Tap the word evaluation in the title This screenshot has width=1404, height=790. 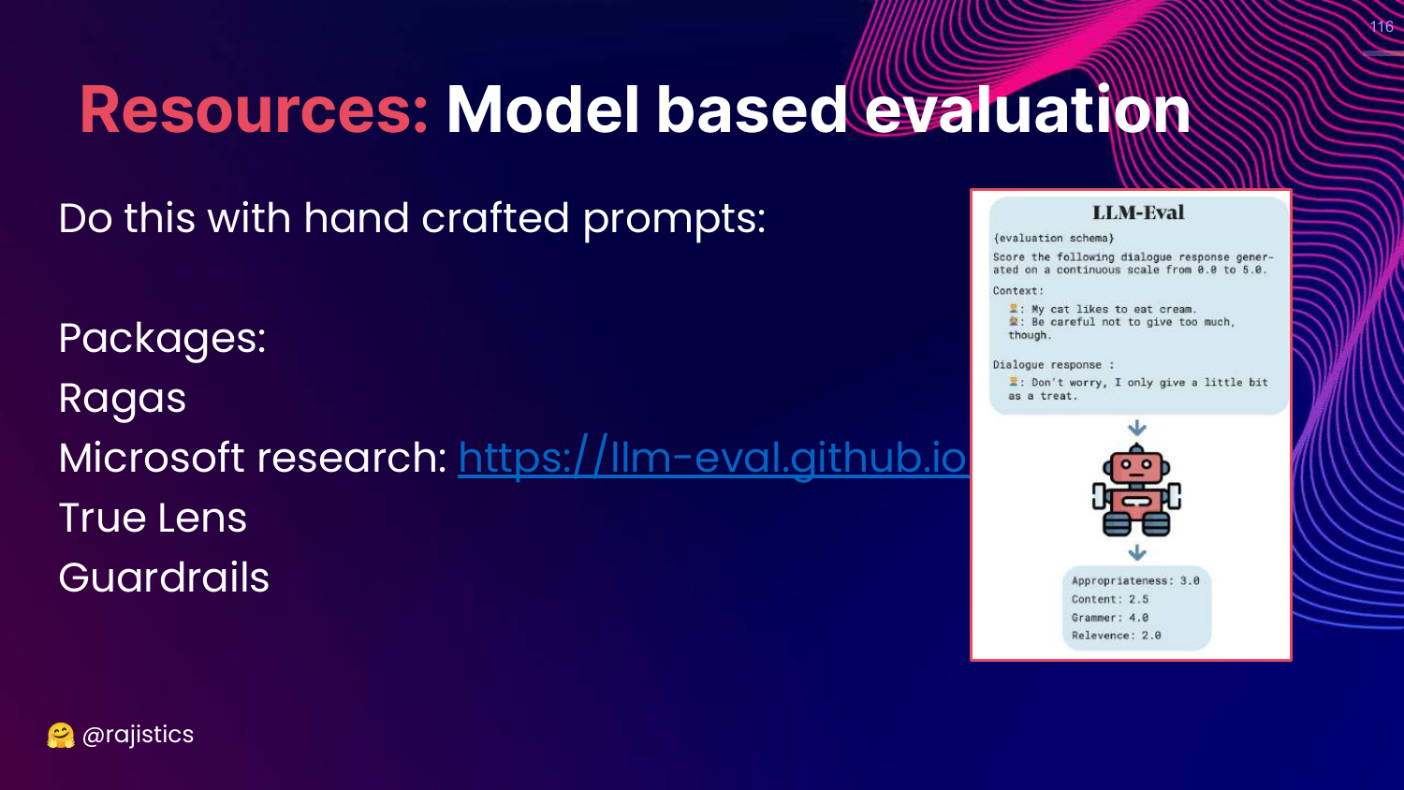click(1028, 110)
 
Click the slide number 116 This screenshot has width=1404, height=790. click(1382, 26)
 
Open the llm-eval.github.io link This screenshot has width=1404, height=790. click(713, 458)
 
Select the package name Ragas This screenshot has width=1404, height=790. click(123, 399)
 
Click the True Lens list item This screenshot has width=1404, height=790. click(153, 518)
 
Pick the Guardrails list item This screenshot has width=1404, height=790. click(164, 578)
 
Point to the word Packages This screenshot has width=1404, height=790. click(162, 339)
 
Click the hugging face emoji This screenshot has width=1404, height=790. click(61, 736)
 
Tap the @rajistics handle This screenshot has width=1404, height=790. click(138, 735)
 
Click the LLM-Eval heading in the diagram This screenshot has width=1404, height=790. click(1138, 212)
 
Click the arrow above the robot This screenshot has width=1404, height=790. click(1137, 429)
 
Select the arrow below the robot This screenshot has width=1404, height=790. click(1137, 552)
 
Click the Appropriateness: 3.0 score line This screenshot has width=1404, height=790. click(1135, 580)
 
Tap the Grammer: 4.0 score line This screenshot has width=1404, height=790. click(1109, 618)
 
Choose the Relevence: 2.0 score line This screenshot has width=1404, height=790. click(1116, 636)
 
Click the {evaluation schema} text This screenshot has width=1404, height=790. click(1053, 239)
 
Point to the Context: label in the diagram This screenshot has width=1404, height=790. click(1018, 291)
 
